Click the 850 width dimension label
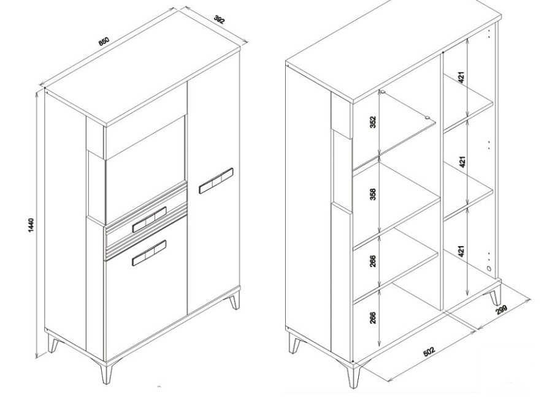(x=104, y=41)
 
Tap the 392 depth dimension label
(x=219, y=20)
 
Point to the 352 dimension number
(x=373, y=122)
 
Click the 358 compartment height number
(x=373, y=194)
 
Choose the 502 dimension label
(x=429, y=351)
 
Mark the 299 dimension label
(x=501, y=310)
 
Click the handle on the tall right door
(x=216, y=181)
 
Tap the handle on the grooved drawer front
(x=149, y=220)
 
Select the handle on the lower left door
(x=149, y=253)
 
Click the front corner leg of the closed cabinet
(x=107, y=373)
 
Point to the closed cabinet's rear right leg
(x=234, y=301)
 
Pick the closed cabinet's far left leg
(x=53, y=344)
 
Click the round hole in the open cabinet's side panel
(x=488, y=268)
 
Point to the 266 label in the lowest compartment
(x=373, y=318)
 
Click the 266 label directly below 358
(x=373, y=261)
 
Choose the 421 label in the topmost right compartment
(x=462, y=77)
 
